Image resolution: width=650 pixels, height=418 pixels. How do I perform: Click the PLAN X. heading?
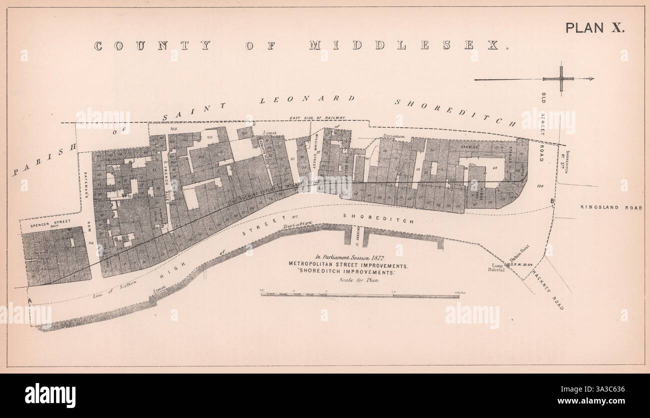594,28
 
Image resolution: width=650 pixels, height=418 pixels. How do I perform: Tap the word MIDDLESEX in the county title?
404,45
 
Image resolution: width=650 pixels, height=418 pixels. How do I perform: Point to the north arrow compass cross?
560,79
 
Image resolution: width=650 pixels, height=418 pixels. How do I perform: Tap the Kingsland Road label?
617,207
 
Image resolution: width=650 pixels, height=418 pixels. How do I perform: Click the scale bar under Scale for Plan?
359,295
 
